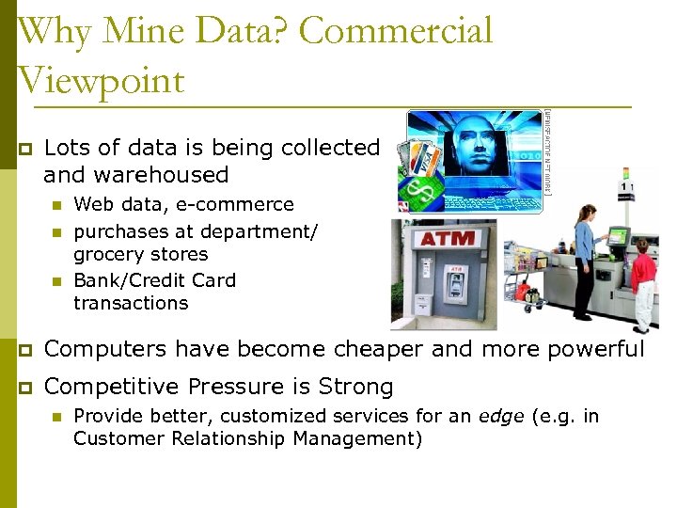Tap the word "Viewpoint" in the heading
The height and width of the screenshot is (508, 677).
point(101,79)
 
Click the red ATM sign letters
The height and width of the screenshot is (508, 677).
point(448,239)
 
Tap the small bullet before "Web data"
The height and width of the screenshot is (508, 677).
point(56,204)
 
